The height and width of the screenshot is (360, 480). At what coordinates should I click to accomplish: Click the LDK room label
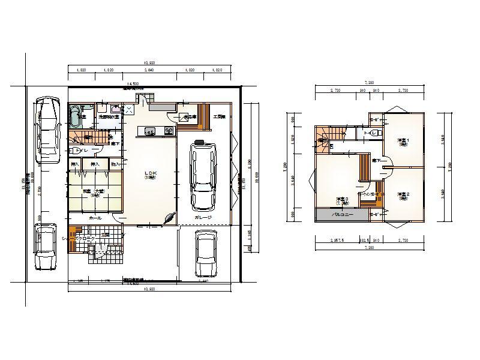(150, 173)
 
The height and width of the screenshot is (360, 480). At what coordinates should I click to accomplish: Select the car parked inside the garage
(202, 173)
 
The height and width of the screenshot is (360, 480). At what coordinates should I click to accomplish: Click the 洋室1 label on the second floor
(403, 142)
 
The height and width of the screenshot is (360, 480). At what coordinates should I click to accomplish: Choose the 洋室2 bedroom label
(403, 195)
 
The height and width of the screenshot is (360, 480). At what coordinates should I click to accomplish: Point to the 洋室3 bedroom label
(343, 200)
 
